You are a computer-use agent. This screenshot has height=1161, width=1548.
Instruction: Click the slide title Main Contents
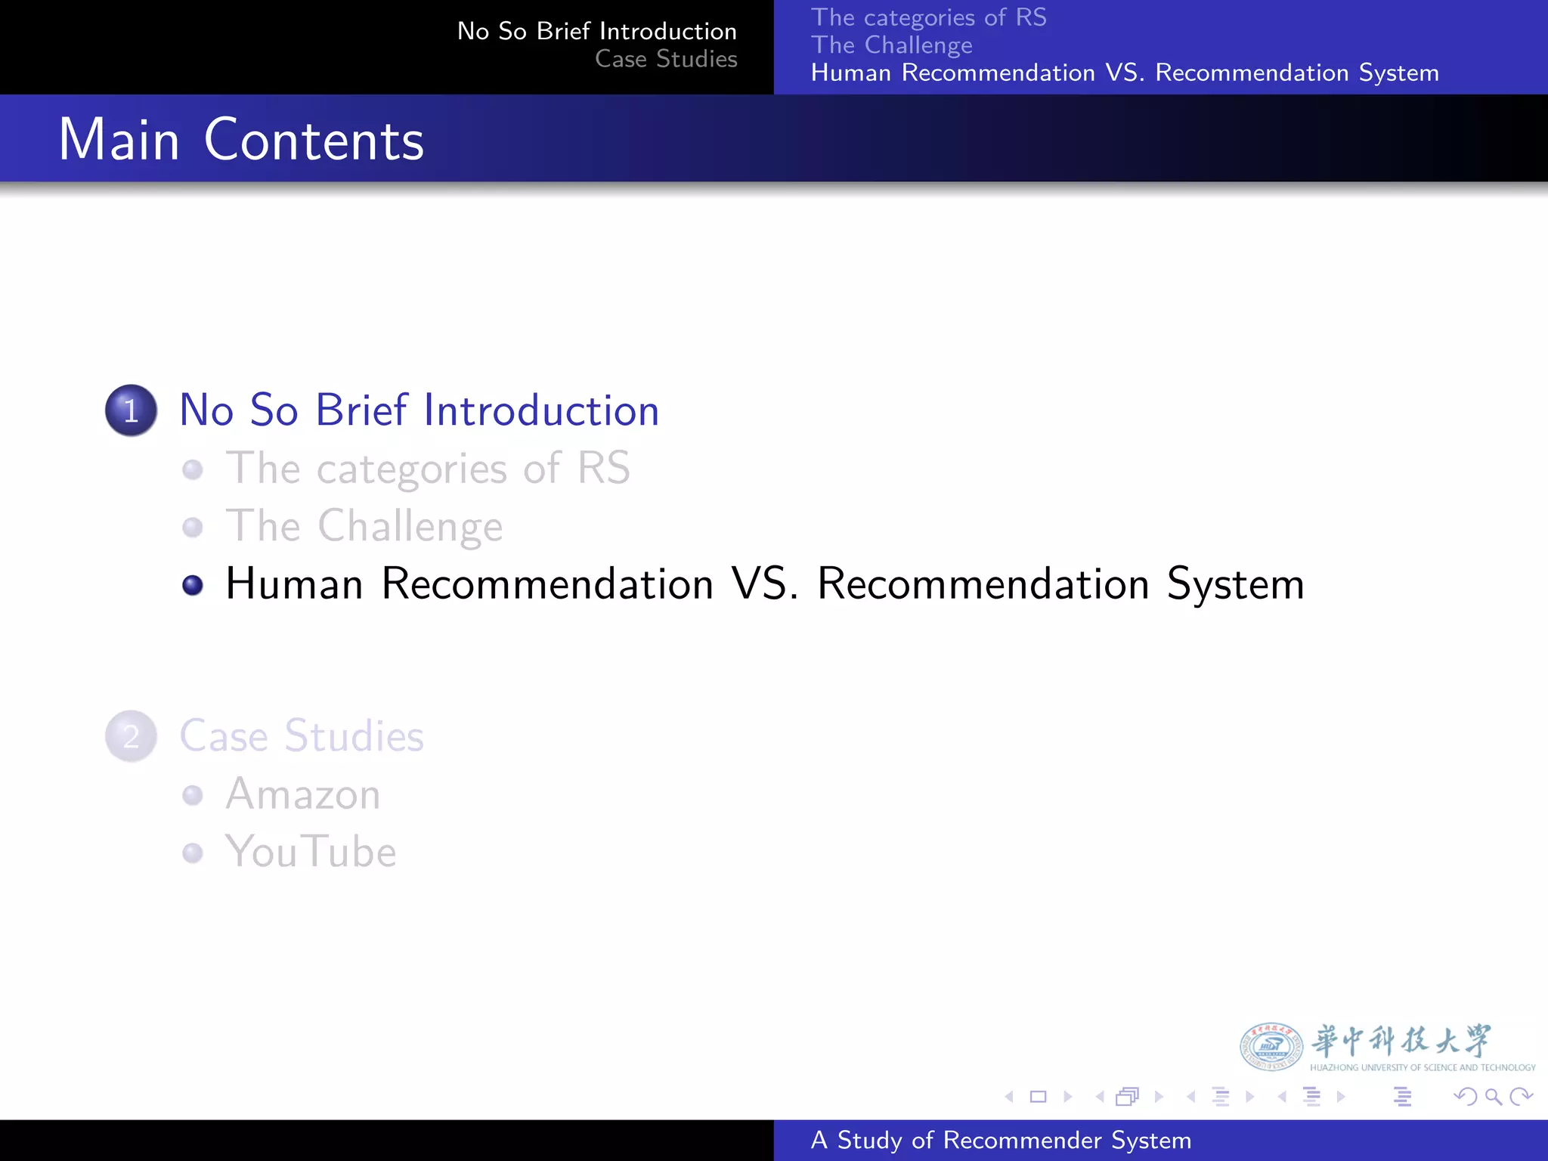pyautogui.click(x=241, y=140)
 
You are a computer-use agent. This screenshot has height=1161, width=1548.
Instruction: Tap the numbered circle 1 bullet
pyautogui.click(x=131, y=410)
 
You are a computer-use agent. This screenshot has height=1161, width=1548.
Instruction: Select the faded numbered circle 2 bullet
pyautogui.click(x=131, y=736)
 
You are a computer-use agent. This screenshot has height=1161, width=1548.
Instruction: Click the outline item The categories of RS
pyautogui.click(x=428, y=468)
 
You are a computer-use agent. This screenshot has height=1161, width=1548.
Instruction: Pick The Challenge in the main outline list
pyautogui.click(x=364, y=526)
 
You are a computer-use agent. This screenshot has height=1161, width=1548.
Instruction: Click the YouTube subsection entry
pyautogui.click(x=311, y=852)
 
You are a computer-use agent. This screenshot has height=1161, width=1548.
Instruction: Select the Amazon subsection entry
pyautogui.click(x=303, y=794)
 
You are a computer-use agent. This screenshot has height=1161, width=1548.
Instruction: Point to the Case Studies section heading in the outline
pyautogui.click(x=302, y=736)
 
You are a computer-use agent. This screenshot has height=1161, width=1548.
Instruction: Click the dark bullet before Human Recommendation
pyautogui.click(x=193, y=585)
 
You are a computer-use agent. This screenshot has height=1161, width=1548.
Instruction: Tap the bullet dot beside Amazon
pyautogui.click(x=193, y=795)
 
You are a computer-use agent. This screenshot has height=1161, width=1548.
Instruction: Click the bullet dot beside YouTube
pyautogui.click(x=193, y=853)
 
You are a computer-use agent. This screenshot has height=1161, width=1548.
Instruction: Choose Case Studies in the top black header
pyautogui.click(x=666, y=59)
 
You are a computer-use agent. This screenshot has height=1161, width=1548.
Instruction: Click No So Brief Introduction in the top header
pyautogui.click(x=597, y=31)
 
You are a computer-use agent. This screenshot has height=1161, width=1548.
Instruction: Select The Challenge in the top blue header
pyautogui.click(x=891, y=45)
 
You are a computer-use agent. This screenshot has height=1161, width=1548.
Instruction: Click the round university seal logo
pyautogui.click(x=1271, y=1047)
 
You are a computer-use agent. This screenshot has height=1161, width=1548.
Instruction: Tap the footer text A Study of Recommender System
pyautogui.click(x=1001, y=1140)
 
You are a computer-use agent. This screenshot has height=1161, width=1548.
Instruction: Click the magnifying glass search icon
pyautogui.click(x=1493, y=1097)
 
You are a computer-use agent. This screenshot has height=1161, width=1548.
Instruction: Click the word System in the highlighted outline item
pyautogui.click(x=1235, y=585)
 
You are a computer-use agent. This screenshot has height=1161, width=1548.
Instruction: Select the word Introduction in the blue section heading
pyautogui.click(x=541, y=410)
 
